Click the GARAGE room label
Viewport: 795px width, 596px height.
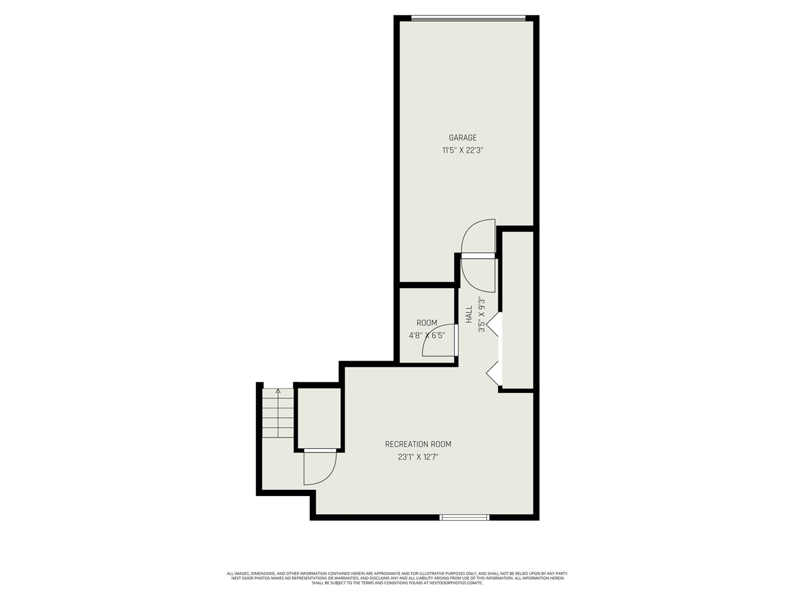[463, 138]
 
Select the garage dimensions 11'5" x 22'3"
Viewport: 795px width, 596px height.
[463, 150]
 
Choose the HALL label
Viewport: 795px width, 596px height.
[470, 314]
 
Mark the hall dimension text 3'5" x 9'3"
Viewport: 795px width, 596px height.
[481, 314]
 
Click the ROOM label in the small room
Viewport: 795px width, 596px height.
[427, 323]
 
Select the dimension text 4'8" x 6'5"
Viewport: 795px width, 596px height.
[427, 335]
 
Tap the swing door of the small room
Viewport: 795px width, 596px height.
[440, 343]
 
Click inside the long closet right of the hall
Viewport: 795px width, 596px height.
[517, 310]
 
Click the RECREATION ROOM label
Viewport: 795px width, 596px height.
[418, 445]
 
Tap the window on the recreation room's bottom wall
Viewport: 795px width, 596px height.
[465, 517]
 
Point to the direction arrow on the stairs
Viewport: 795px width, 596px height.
[278, 391]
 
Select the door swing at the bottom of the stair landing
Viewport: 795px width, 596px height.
[319, 469]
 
